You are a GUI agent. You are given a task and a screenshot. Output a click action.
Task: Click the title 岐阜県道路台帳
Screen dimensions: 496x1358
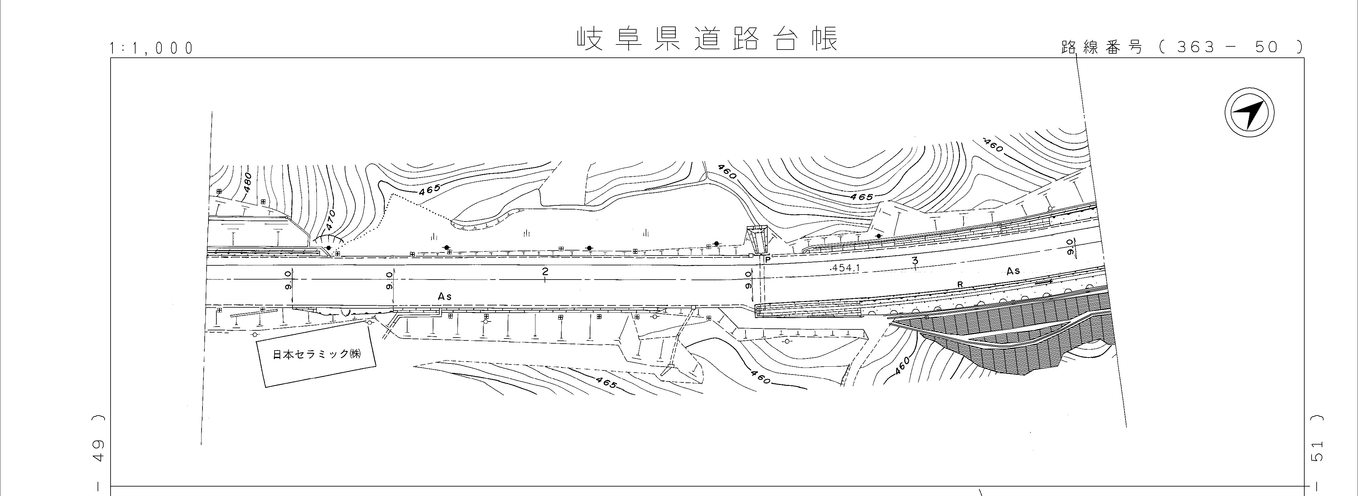[706, 39]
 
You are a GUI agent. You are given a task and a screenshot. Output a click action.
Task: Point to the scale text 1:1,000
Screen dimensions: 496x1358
[151, 49]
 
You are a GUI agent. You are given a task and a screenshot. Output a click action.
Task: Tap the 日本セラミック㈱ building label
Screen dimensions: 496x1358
[316, 354]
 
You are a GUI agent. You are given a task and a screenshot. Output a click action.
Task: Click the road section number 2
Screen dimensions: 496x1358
[545, 272]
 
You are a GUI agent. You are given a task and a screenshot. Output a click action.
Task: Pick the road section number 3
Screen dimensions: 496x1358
[914, 261]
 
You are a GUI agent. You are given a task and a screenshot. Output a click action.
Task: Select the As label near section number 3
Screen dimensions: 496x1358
[1013, 271]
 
